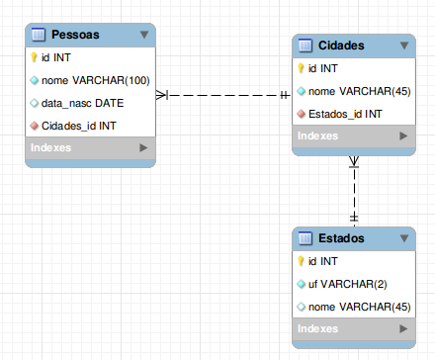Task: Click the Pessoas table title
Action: point(76,35)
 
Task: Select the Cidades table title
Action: point(342,46)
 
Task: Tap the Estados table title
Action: point(342,238)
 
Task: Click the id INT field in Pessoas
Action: point(56,57)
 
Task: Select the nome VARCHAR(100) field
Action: point(95,80)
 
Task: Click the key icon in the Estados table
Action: point(301,261)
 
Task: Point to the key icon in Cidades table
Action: point(301,69)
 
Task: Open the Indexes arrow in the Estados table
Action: point(405,328)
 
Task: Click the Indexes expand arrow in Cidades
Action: point(405,136)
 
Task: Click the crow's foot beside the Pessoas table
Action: point(164,95)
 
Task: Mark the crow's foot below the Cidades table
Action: point(354,163)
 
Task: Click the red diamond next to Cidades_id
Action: point(34,125)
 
